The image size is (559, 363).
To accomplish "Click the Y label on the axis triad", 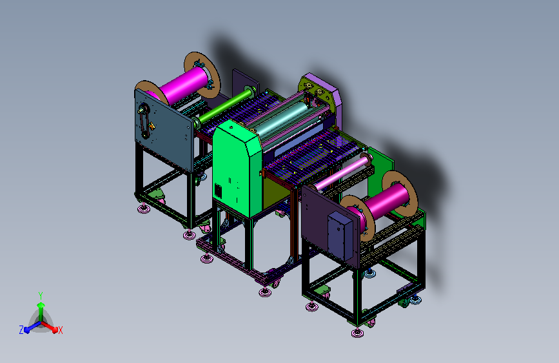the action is (41, 296).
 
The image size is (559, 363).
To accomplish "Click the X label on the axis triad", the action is (60, 331).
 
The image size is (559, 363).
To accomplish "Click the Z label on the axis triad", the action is (21, 330).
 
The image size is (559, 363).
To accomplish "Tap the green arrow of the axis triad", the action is (41, 311).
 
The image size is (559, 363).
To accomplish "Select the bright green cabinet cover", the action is (237, 168).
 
